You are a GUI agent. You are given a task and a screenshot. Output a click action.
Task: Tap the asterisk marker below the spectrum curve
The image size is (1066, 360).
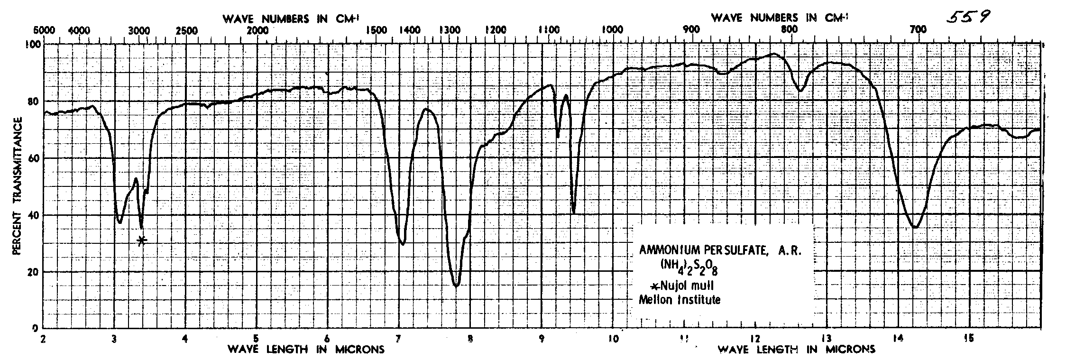pos(142,240)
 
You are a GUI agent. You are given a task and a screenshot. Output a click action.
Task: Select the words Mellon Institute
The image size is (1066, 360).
pos(680,300)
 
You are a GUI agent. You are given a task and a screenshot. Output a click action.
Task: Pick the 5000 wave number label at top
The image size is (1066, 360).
pos(44,30)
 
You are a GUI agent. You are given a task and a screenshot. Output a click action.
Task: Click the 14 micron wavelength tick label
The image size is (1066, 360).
pos(898,339)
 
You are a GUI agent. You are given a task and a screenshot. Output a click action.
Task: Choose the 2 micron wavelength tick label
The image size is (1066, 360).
pos(43,339)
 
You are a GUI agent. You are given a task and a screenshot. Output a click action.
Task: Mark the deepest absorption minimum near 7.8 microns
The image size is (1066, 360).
pos(456,286)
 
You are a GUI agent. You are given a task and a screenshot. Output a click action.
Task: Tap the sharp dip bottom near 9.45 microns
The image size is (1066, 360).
pos(574,213)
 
